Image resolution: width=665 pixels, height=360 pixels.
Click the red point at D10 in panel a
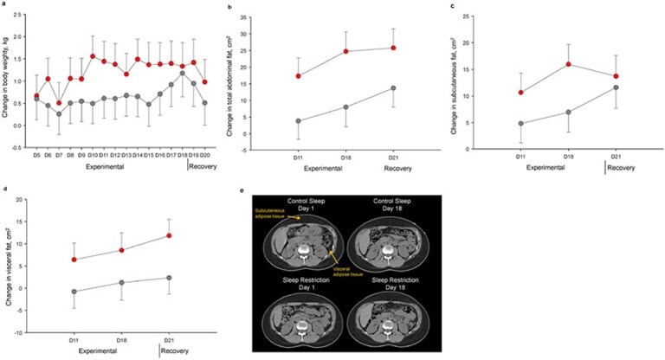(x=93, y=56)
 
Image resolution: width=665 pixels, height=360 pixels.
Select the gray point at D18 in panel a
(x=182, y=74)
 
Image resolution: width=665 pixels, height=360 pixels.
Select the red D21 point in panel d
(x=169, y=235)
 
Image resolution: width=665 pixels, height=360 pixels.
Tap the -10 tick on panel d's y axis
(x=24, y=332)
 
